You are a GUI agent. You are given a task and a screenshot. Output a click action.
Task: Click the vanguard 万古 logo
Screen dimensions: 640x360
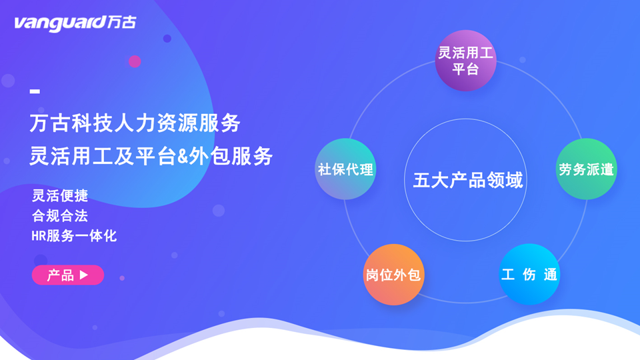(x=75, y=23)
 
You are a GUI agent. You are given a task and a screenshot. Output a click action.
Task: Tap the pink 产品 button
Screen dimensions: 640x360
(x=68, y=275)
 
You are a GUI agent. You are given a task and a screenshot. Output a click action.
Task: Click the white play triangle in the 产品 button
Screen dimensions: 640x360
(x=84, y=275)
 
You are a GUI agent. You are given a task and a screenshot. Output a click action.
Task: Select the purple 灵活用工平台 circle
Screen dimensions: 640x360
(x=465, y=61)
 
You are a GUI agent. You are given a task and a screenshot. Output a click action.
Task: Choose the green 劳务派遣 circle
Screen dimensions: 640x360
(x=586, y=169)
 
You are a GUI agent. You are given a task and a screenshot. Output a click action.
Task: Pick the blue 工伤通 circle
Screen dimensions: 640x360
(x=529, y=274)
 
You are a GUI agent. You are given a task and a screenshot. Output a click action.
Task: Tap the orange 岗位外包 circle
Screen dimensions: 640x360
(x=393, y=275)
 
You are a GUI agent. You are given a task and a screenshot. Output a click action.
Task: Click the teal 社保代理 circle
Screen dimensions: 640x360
(x=345, y=169)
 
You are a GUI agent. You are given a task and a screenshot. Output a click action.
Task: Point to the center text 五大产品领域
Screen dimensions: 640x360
(x=467, y=180)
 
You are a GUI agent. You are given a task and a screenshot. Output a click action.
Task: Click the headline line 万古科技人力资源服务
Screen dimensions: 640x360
(x=135, y=123)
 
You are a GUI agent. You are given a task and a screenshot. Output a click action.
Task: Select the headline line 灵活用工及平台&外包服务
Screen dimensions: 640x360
(x=151, y=156)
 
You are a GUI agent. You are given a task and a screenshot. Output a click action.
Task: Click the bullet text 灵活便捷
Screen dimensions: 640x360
(x=60, y=195)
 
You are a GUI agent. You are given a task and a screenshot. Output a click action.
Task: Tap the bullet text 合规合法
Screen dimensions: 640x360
(x=60, y=215)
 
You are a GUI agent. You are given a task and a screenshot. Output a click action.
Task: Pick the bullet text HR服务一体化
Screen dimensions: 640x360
(x=74, y=235)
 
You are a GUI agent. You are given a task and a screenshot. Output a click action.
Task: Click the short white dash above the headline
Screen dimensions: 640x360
(x=35, y=91)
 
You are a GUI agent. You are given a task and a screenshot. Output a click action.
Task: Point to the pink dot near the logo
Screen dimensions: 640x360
(x=135, y=61)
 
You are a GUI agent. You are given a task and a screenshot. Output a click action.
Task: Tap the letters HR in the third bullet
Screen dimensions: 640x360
(x=39, y=236)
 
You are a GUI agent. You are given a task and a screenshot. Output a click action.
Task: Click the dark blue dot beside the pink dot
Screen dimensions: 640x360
(x=167, y=39)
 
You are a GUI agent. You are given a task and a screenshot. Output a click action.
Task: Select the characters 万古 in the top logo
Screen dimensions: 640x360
(x=121, y=23)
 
